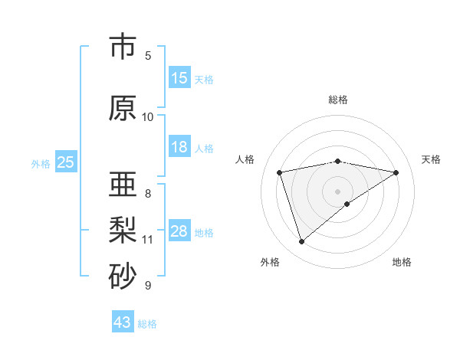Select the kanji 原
click(122, 108)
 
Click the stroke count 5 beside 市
click(148, 55)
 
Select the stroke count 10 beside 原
click(148, 116)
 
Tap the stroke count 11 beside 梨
click(148, 240)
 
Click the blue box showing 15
click(179, 78)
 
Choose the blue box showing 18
click(179, 147)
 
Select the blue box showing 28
click(179, 231)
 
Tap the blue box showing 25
click(66, 162)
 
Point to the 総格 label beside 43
click(147, 324)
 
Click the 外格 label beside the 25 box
click(41, 163)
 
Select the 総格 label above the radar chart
click(337, 100)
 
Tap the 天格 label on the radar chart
click(431, 159)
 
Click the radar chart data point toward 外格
click(301, 241)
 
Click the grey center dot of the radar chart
click(337, 191)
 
